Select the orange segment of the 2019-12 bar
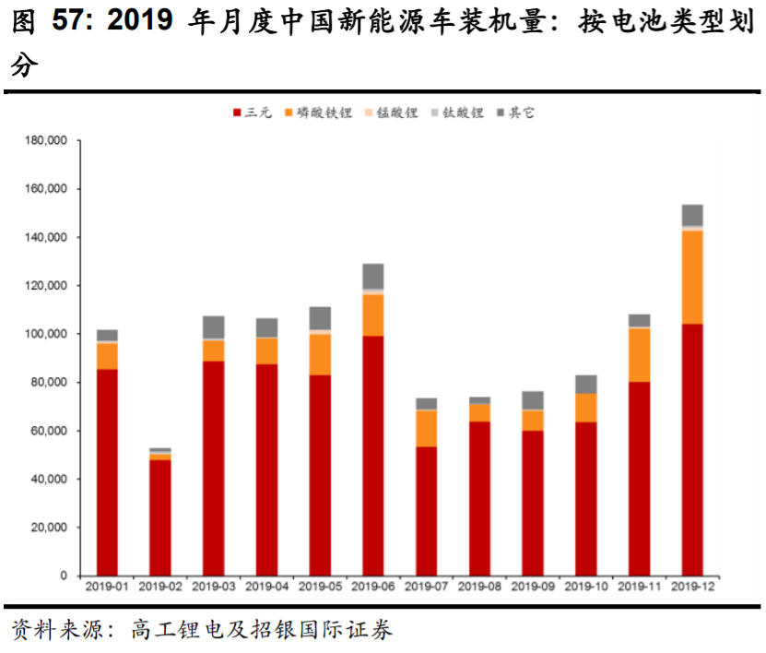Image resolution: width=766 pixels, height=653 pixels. tap(692, 277)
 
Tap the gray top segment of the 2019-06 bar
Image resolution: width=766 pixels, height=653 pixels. tap(373, 276)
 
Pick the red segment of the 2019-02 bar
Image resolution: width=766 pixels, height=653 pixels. tap(160, 517)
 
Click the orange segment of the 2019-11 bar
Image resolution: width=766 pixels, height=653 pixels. tap(639, 354)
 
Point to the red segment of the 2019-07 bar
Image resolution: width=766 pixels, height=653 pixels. tap(426, 511)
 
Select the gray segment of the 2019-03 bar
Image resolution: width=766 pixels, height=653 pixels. tap(214, 326)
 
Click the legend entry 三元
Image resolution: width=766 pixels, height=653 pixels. tap(252, 113)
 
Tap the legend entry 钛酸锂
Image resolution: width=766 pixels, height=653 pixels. tap(456, 113)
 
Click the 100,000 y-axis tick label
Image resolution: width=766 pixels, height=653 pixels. tap(46, 334)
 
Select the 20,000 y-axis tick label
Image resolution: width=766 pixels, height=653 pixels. tap(49, 528)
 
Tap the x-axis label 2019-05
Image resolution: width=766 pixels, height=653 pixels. tap(320, 587)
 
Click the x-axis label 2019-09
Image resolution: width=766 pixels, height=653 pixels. tap(533, 587)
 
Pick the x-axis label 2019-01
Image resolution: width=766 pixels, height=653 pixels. tap(107, 587)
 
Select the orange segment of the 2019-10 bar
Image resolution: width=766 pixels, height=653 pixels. tap(585, 408)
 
